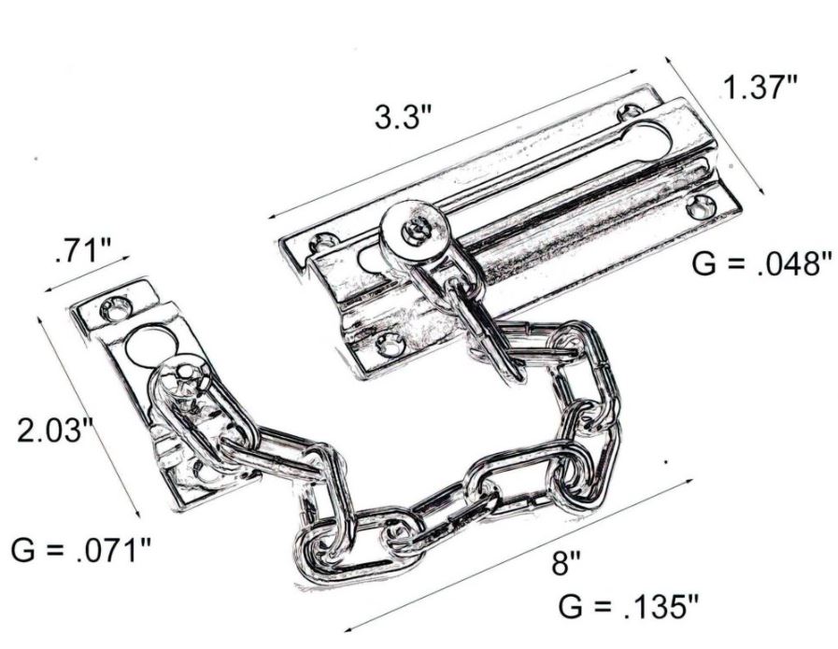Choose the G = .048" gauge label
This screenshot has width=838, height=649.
pyautogui.click(x=761, y=263)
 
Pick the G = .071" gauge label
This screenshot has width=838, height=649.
pyautogui.click(x=81, y=550)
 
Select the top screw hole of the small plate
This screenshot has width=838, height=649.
pyautogui.click(x=120, y=304)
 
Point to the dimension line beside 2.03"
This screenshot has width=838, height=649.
pyautogui.click(x=89, y=416)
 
